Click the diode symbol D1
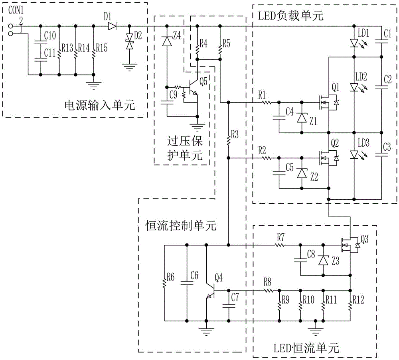coord(112,26)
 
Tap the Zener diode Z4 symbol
coord(167,40)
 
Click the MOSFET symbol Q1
coord(328,103)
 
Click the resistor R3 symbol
coord(228,139)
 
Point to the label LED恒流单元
coord(308,348)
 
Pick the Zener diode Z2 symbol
coord(302,173)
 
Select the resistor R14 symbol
coord(76,51)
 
